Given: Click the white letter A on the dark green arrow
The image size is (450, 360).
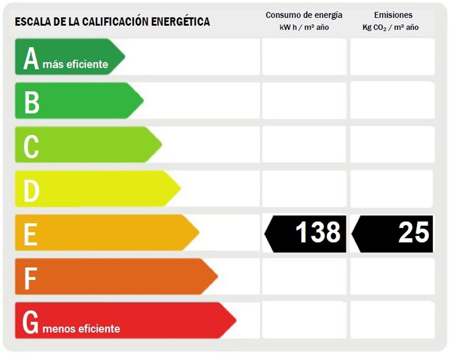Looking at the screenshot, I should tap(31, 59).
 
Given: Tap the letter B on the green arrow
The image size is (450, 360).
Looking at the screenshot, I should tap(31, 102).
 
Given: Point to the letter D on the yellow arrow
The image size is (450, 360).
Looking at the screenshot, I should tap(31, 190).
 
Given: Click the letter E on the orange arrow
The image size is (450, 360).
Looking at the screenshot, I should tap(30, 234).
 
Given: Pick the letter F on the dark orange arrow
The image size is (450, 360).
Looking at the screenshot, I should tap(30, 278).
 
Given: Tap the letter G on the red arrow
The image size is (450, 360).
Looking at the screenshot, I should tap(31, 322).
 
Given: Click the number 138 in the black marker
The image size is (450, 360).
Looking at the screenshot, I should tap(318, 233).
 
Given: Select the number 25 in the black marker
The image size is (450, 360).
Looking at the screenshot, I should tap(414, 233).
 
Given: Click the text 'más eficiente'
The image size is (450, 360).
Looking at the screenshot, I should tap(76, 64).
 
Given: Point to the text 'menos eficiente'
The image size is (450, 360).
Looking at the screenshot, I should tap(81, 328).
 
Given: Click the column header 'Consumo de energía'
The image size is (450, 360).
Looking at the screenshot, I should tap(304, 15).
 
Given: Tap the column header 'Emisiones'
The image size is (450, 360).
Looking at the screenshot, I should tap(393, 15).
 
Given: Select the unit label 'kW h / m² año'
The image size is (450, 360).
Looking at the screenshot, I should tap(304, 27).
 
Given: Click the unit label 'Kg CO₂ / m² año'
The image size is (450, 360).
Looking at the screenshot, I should tap(390, 27).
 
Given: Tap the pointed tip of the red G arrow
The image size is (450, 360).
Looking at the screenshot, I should tap(234, 320).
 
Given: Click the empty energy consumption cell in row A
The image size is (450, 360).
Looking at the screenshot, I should tap(304, 57).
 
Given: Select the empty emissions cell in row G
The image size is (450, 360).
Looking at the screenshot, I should tap(392, 320).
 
